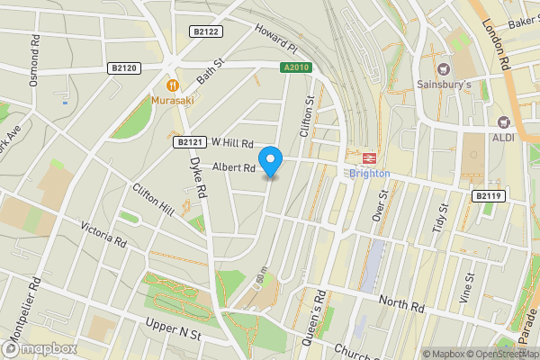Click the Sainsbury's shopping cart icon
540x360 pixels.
(442, 69)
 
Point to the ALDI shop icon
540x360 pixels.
(504, 121)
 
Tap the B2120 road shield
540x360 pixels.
(124, 67)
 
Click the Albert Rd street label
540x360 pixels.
(234, 167)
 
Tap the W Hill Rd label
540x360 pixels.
(232, 142)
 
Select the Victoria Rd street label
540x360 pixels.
(103, 235)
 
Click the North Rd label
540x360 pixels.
(400, 302)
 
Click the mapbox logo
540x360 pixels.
(40, 347)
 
